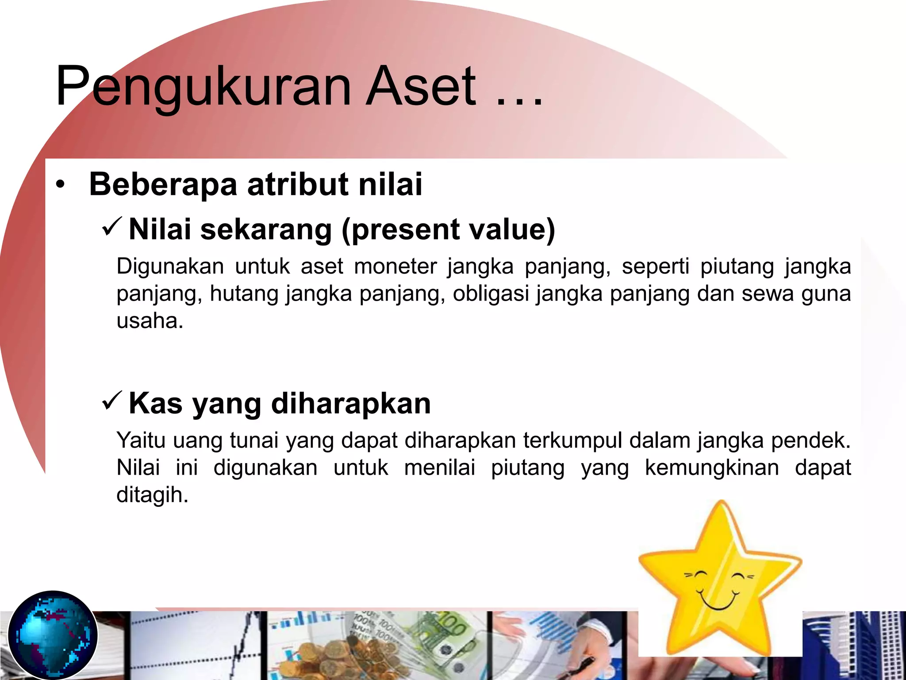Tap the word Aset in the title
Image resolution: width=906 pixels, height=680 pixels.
coord(421,86)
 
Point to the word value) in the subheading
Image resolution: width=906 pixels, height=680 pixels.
coord(511,230)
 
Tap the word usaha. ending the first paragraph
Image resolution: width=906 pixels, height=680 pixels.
coord(150,321)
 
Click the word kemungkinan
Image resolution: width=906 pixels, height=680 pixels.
coord(712,468)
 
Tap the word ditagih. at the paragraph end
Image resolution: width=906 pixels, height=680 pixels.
coord(152,495)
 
